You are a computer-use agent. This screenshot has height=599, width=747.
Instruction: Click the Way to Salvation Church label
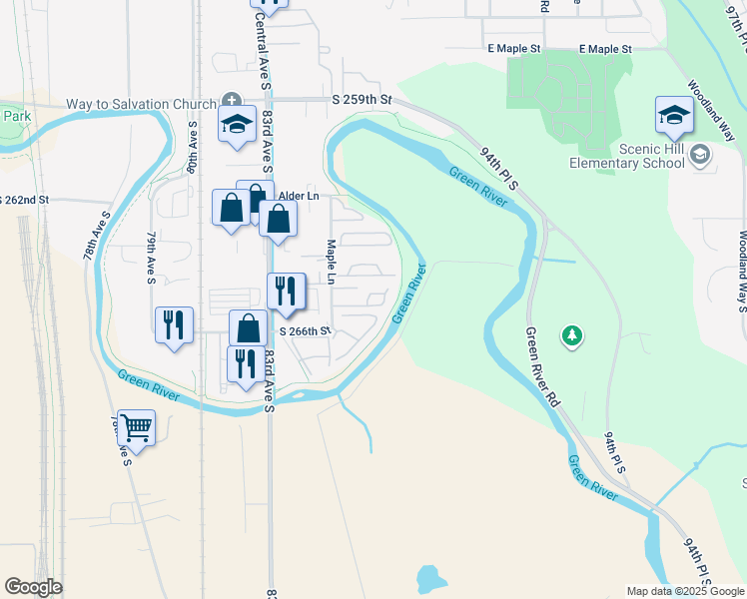(141, 105)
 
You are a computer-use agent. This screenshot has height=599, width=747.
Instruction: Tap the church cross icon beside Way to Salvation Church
(232, 101)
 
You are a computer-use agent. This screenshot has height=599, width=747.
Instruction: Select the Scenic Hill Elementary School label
(624, 156)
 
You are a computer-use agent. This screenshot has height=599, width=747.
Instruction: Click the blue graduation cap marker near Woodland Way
(674, 115)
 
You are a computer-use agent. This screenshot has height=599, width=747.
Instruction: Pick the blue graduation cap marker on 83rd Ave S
(238, 125)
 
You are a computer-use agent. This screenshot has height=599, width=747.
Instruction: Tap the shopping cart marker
(136, 428)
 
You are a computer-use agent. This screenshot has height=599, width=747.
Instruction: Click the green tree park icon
(571, 336)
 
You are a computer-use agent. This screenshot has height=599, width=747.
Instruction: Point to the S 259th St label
(363, 101)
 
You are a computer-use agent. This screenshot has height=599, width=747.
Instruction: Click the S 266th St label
(304, 331)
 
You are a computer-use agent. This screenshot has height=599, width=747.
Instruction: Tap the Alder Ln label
(299, 196)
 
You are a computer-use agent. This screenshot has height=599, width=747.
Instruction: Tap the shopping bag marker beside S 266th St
(248, 327)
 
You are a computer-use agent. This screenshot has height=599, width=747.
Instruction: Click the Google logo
(33, 587)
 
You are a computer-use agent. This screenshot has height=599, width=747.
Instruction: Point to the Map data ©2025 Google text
(684, 591)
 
